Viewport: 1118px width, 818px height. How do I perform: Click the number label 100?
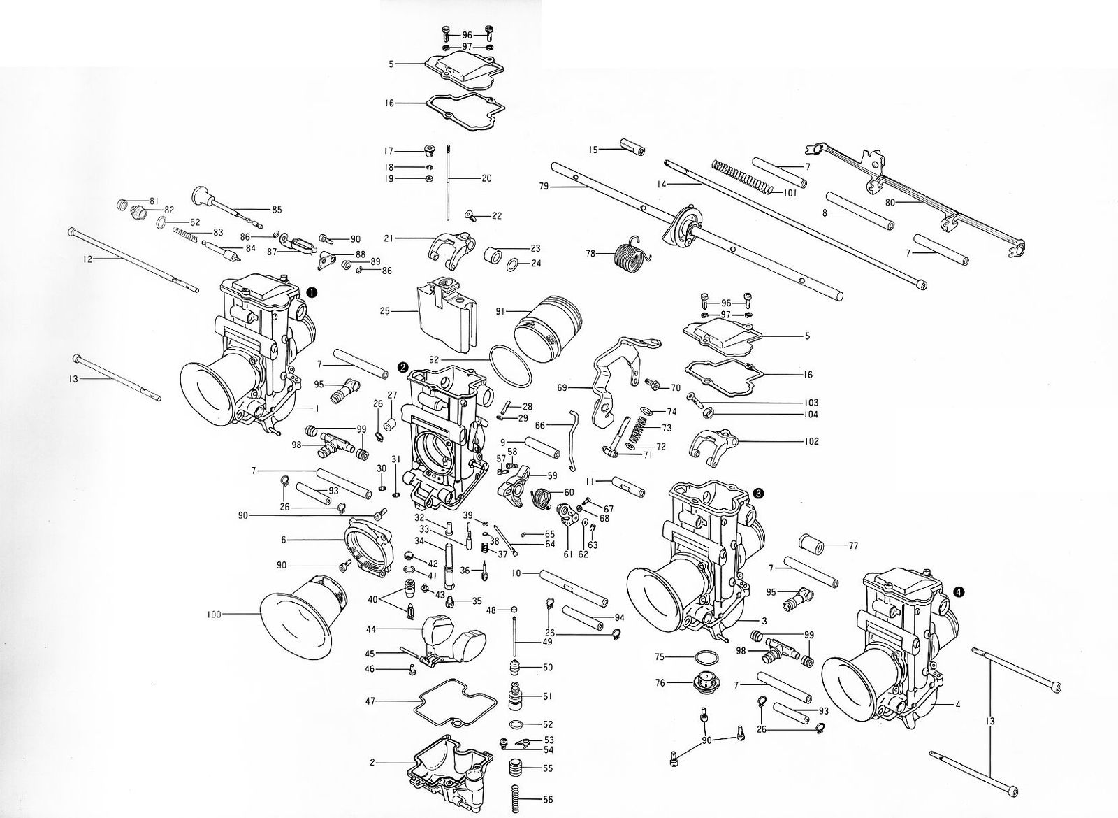click(x=214, y=615)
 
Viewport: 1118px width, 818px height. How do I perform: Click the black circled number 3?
click(x=759, y=493)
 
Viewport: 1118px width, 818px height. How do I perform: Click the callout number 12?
click(x=87, y=259)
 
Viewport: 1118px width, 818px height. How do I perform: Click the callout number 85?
click(x=277, y=209)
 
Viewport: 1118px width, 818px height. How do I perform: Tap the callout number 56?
click(x=547, y=799)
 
